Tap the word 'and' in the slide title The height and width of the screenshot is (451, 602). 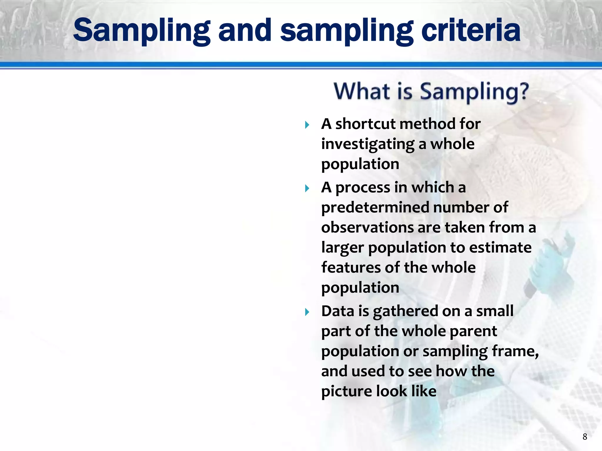[245, 30]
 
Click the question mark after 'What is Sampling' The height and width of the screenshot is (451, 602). [523, 91]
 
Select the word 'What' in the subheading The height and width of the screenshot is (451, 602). [362, 91]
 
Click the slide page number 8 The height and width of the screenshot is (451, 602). [585, 437]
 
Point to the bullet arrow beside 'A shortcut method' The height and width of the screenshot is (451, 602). [307, 125]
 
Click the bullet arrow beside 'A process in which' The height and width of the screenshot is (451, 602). [307, 189]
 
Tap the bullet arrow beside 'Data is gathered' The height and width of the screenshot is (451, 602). [307, 312]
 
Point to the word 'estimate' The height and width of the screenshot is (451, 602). [500, 248]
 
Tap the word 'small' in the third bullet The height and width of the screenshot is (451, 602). [495, 311]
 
